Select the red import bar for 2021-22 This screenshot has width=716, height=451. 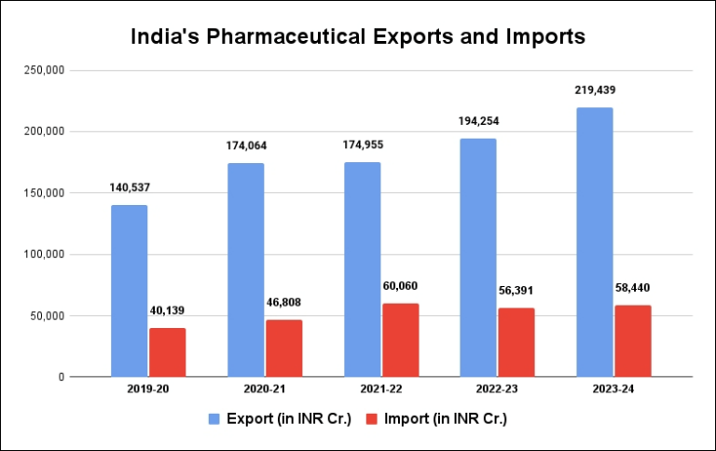click(x=400, y=340)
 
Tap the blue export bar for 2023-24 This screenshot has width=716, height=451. click(x=595, y=242)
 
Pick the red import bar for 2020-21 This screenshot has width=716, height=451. click(x=283, y=348)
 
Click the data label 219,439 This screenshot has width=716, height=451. click(x=595, y=90)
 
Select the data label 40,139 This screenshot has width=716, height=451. click(x=168, y=310)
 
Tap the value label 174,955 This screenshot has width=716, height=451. click(x=362, y=145)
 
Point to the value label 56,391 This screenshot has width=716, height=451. click(x=517, y=290)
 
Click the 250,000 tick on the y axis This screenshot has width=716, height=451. click(x=42, y=70)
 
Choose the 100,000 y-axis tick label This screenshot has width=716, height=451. click(x=42, y=254)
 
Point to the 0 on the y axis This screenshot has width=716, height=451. click(x=59, y=377)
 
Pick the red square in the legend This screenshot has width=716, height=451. click(x=369, y=418)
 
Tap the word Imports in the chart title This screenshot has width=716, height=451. click(x=547, y=37)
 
